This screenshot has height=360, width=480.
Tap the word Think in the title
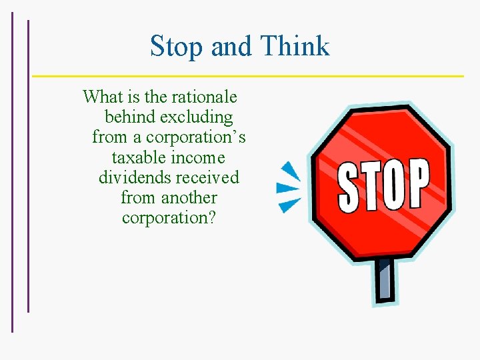295,47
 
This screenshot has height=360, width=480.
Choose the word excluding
199,117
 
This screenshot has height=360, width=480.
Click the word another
189,198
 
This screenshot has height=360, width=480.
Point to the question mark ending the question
211,218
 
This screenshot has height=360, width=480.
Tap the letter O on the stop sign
393,184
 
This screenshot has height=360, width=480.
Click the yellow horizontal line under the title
247,75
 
